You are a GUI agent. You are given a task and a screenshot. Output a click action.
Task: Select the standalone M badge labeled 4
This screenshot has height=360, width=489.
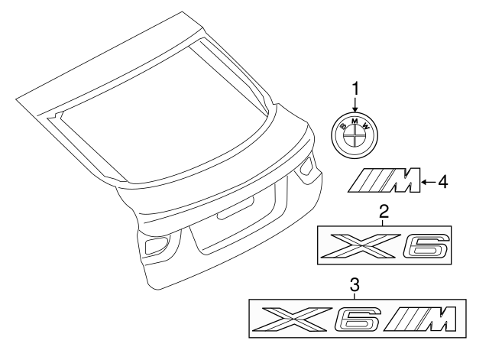[387, 183]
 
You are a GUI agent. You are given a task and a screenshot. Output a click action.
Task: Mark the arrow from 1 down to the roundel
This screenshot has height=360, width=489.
[355, 108]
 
